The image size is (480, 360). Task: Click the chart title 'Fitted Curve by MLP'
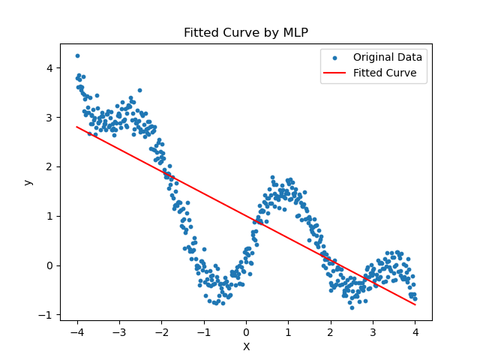(x=246, y=33)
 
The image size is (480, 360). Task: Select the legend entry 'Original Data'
(x=388, y=57)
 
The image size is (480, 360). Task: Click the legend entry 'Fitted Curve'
(x=385, y=73)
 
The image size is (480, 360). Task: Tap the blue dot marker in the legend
(x=335, y=58)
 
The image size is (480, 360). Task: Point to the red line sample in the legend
(x=335, y=73)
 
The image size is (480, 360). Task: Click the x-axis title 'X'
(x=246, y=346)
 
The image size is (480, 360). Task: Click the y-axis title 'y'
(x=28, y=182)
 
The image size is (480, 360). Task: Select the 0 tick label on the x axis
(x=246, y=332)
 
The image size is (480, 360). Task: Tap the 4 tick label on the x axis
(x=415, y=332)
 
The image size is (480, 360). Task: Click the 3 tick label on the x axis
(x=373, y=332)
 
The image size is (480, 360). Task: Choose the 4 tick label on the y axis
(x=49, y=67)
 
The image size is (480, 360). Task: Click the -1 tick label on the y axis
(x=46, y=314)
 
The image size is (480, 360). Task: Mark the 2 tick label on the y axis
(x=49, y=166)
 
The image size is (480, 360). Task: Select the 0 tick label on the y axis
(x=49, y=265)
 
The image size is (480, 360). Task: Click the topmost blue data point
(x=77, y=55)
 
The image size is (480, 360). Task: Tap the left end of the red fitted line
(x=77, y=127)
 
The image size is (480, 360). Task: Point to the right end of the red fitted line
(x=415, y=304)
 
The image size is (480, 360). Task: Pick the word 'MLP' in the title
(x=295, y=33)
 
